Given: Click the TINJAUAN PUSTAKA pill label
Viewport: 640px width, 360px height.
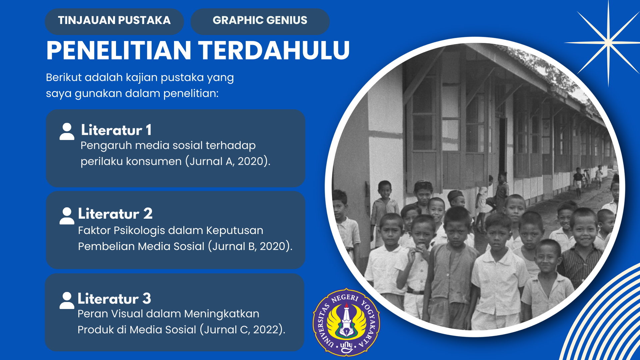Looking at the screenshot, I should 114,21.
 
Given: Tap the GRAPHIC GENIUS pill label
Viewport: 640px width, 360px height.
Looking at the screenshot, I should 260,21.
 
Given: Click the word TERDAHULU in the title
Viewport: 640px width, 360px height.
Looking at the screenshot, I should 274,51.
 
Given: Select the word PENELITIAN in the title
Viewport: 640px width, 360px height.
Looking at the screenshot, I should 119,51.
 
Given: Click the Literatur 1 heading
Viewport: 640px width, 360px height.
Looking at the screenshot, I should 116,130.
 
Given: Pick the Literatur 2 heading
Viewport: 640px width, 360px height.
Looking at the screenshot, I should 115,214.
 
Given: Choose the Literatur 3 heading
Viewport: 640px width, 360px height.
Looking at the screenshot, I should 114,299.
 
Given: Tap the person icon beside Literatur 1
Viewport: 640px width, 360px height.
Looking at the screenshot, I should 67,131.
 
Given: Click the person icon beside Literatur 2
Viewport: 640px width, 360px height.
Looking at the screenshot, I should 67,216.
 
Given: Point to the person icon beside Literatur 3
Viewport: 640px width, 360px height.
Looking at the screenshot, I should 67,300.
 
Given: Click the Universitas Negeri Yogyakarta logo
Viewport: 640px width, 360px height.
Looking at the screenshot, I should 346,322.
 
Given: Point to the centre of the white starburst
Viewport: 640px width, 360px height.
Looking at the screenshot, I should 608,42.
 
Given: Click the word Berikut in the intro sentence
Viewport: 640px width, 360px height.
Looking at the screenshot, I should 63,78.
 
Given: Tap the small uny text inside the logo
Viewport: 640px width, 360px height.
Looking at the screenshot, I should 346,346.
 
